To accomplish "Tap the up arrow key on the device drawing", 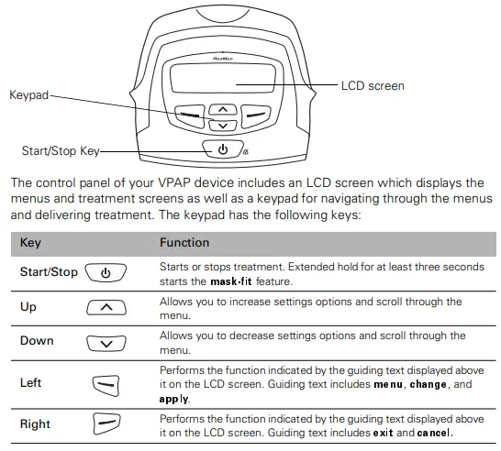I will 221,109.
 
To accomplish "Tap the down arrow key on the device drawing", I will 221,125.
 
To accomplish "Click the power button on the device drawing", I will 221,149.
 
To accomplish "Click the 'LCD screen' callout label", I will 373,86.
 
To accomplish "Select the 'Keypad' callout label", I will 28,94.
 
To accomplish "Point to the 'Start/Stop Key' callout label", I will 60,150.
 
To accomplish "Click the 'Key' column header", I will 30,243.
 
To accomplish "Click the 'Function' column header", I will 184,243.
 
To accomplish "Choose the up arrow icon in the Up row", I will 106,307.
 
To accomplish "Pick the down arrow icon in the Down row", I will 106,342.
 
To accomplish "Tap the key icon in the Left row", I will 106,383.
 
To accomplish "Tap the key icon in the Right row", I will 106,424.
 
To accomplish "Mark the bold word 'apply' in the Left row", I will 174,399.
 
